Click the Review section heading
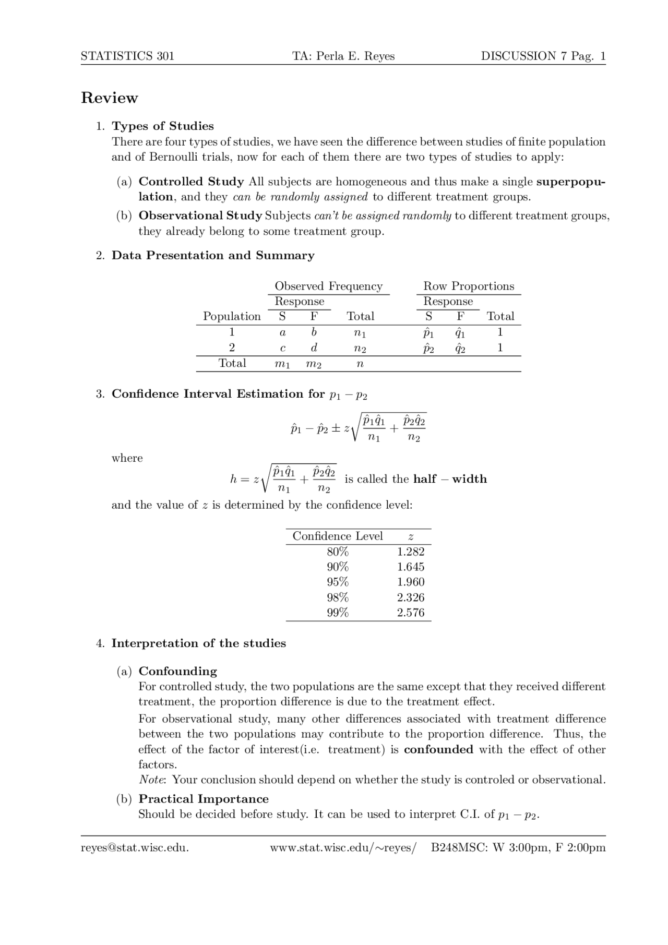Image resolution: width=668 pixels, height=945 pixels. click(110, 98)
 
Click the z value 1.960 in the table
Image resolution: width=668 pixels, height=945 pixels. click(410, 582)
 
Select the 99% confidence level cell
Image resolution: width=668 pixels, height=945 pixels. click(338, 613)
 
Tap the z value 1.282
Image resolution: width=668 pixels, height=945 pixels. click(410, 552)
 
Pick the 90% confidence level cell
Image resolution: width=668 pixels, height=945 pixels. click(338, 567)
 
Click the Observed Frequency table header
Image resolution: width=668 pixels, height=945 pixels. click(328, 286)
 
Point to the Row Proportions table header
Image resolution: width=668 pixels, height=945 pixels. click(468, 286)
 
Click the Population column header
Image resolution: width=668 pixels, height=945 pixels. click(232, 316)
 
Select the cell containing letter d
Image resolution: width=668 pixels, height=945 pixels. click(314, 348)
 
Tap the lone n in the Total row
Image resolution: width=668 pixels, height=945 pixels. click(360, 364)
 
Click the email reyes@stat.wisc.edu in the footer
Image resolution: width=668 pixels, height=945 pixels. click(135, 847)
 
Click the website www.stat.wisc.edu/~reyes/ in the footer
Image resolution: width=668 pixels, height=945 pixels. click(343, 847)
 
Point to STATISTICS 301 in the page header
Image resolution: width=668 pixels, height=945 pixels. click(127, 56)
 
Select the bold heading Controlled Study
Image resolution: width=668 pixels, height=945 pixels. click(191, 182)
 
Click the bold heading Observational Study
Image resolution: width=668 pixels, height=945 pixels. click(200, 216)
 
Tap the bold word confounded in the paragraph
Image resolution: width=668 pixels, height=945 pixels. click(438, 749)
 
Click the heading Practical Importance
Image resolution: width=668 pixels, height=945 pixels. click(204, 799)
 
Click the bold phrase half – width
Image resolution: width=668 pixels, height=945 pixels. click(450, 479)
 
